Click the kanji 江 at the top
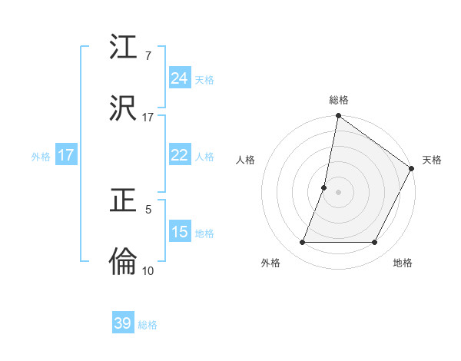point(124,48)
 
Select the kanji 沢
point(124,108)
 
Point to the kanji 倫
point(124,262)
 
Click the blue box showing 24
point(179,78)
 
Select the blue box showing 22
point(179,155)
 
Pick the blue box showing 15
point(179,232)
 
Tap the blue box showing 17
point(66,155)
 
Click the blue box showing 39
point(123,323)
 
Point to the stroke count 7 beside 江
point(148,56)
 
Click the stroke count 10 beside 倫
point(148,270)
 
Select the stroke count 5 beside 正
point(148,209)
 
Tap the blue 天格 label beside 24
point(204,80)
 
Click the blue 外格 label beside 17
point(41,157)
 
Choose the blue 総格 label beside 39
point(148,325)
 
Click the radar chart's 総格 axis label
point(339,100)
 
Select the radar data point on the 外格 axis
point(303,243)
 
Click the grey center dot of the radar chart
point(339,192)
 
